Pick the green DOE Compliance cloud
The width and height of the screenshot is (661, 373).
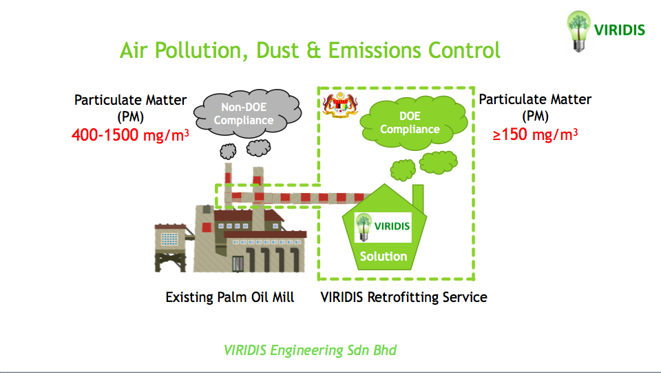click(x=410, y=123)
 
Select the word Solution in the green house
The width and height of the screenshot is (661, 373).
click(x=384, y=256)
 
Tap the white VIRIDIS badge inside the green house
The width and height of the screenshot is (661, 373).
click(x=383, y=227)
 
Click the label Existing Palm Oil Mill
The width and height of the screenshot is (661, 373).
click(x=230, y=297)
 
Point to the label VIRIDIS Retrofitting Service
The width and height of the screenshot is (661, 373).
click(x=404, y=297)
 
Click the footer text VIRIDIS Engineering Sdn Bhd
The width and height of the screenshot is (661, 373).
click(x=311, y=350)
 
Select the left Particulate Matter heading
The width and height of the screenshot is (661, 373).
click(x=130, y=100)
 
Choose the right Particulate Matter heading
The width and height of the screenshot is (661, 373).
click(x=535, y=99)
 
